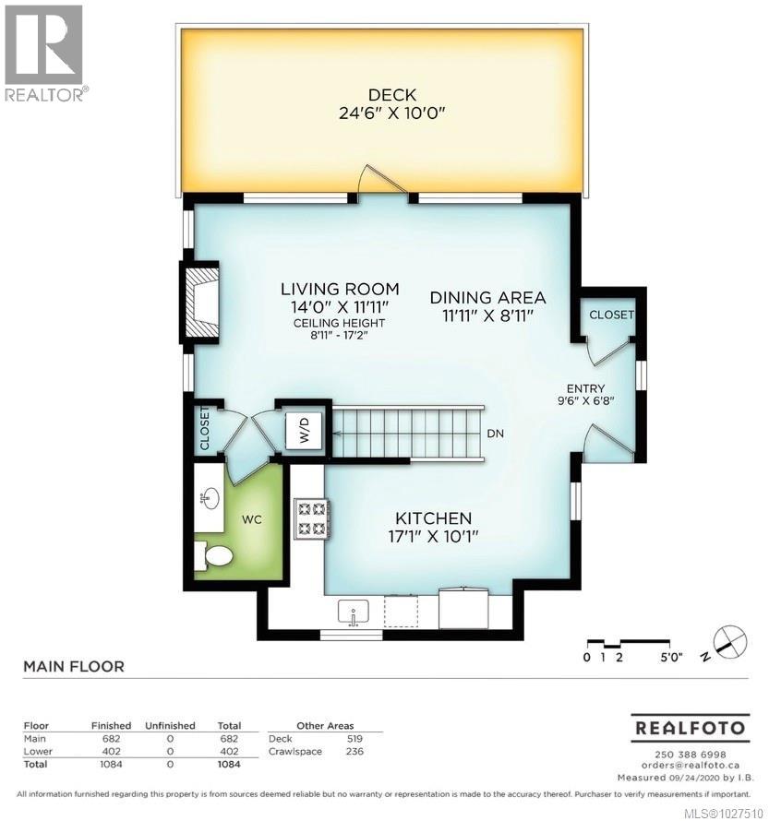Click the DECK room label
pyautogui.click(x=392, y=94)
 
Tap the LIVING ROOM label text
pyautogui.click(x=340, y=289)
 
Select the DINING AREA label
pyautogui.click(x=487, y=298)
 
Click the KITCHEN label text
pyautogui.click(x=434, y=518)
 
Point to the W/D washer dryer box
pyautogui.click(x=303, y=429)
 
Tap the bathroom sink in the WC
pyautogui.click(x=209, y=498)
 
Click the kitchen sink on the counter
pyautogui.click(x=354, y=611)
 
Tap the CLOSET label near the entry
pyautogui.click(x=612, y=315)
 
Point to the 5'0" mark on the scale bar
pyautogui.click(x=671, y=658)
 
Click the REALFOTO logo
pyautogui.click(x=689, y=728)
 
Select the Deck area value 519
pyautogui.click(x=354, y=739)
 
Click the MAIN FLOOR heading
pyautogui.click(x=73, y=666)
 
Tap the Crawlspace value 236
pyautogui.click(x=354, y=752)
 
